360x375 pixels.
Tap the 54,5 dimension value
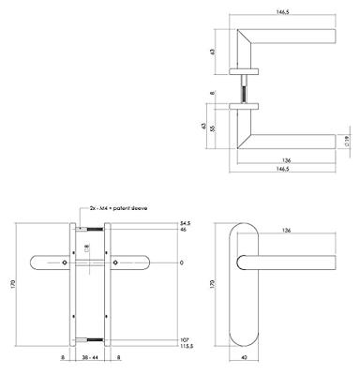[x=185, y=222]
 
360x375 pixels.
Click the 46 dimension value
[x=183, y=230]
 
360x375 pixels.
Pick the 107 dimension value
[x=184, y=339]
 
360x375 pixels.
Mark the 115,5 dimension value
[x=186, y=347]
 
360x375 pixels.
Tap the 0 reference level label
[x=181, y=262]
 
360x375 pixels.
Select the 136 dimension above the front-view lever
[x=285, y=231]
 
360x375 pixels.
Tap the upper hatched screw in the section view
[x=91, y=228]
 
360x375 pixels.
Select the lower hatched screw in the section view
[x=91, y=340]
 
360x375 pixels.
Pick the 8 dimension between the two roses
[x=213, y=93]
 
